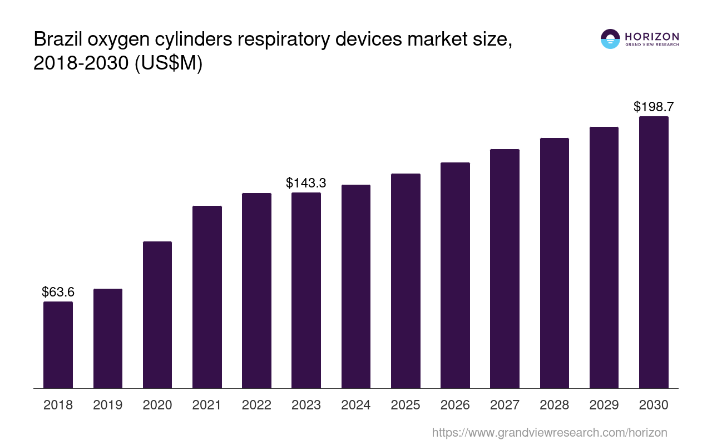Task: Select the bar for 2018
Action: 58,345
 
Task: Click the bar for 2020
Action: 157,315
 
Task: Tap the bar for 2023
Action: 306,290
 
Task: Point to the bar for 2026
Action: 455,275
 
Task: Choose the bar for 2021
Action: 207,297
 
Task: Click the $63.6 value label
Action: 58,292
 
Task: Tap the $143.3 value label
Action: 306,183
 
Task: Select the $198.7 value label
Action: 654,107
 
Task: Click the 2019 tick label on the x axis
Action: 108,405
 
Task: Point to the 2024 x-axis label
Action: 356,405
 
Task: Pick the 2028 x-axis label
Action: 555,405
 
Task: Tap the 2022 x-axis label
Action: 256,405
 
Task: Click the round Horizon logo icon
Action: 610,39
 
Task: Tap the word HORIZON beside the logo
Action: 651,36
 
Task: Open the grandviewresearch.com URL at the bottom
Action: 549,432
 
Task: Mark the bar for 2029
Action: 604,258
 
